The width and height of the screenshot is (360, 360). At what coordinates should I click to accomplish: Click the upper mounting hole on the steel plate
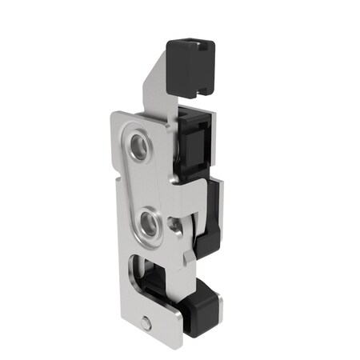tap(138, 145)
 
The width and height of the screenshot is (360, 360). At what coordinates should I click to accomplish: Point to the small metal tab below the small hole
tap(188, 256)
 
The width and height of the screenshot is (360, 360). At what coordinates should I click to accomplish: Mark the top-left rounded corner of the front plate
tap(115, 120)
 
